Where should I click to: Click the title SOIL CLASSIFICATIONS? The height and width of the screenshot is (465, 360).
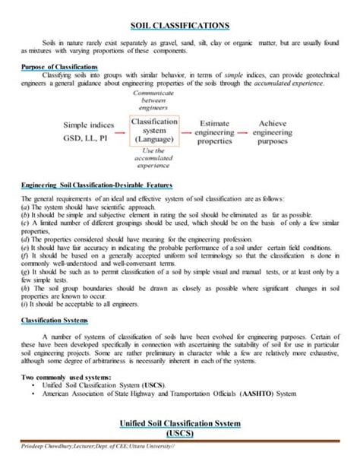pos(180,26)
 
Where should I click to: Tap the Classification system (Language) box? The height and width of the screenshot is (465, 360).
pos(154,130)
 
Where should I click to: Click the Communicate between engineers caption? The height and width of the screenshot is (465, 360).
pos(154,100)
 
